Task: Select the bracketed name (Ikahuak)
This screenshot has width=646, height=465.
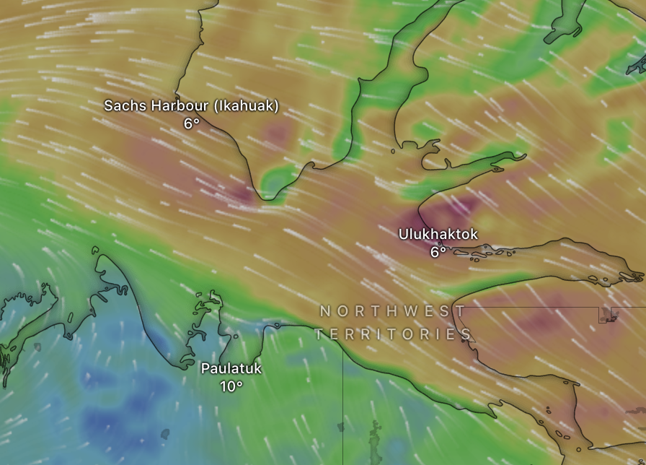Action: [x=246, y=106]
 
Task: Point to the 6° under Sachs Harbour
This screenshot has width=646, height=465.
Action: [x=191, y=123]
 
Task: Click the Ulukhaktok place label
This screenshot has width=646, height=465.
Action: [x=438, y=234]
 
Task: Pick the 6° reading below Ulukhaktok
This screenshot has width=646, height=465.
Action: [x=438, y=252]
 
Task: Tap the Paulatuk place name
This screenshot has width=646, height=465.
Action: [x=231, y=369]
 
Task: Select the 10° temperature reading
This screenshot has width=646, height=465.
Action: [x=231, y=386]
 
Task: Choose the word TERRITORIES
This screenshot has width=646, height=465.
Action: [x=393, y=334]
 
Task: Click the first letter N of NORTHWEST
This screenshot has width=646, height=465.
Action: [x=325, y=311]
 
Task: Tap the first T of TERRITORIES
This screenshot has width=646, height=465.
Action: [x=319, y=334]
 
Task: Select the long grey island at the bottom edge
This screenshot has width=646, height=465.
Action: [x=375, y=441]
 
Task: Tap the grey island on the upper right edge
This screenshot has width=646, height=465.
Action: [x=637, y=65]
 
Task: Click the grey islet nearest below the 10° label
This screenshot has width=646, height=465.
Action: [x=165, y=434]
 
